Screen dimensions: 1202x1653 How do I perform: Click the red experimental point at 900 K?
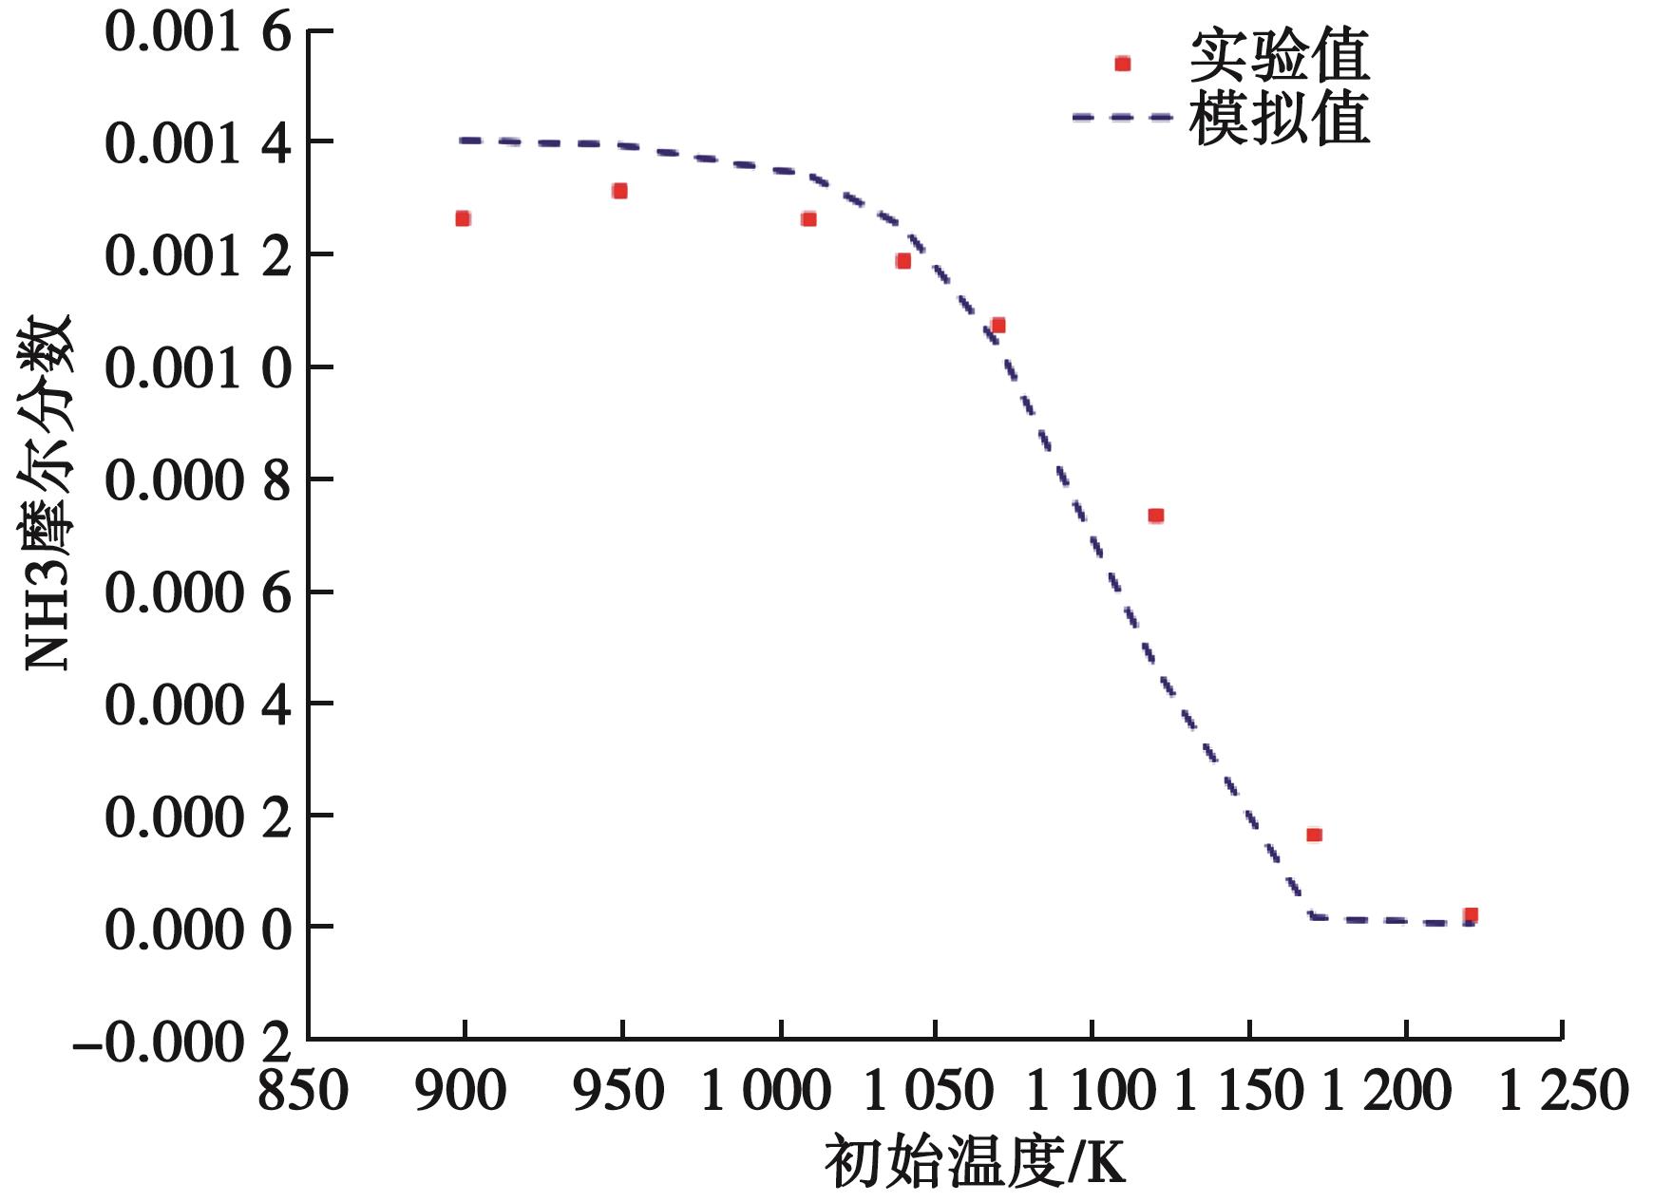(x=463, y=218)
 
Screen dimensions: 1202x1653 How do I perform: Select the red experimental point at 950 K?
(x=619, y=191)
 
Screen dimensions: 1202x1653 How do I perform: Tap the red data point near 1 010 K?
(x=808, y=219)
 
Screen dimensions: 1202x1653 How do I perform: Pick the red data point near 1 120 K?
(x=1155, y=516)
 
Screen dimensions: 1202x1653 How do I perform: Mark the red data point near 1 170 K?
(x=1314, y=835)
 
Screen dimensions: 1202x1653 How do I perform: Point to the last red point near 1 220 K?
(x=1471, y=915)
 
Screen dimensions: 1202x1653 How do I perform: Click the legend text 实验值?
(x=1279, y=59)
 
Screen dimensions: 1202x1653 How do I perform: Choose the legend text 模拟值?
(x=1279, y=120)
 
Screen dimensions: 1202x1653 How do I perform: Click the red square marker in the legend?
(x=1122, y=64)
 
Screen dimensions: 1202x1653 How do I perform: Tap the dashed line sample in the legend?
(x=1122, y=118)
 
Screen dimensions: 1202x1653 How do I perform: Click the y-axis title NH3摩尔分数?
(x=47, y=493)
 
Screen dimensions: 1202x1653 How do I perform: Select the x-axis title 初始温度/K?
(x=975, y=1161)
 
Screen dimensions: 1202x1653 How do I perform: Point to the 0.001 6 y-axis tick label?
(x=197, y=32)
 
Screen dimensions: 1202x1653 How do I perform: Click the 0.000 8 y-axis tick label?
(x=197, y=480)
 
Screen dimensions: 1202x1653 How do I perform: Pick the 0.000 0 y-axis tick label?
(x=197, y=929)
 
